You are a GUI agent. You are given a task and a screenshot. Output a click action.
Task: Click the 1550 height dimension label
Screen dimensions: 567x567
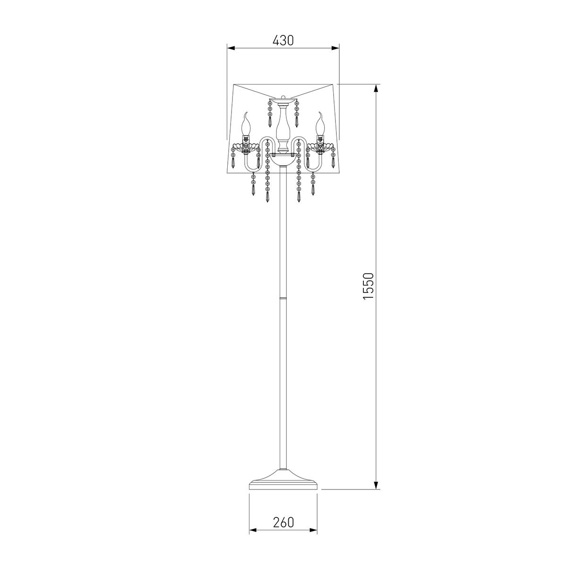coord(368,286)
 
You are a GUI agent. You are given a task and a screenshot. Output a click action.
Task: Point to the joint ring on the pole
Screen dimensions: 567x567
coord(283,298)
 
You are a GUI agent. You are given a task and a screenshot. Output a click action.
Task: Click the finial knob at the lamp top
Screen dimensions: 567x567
coord(283,97)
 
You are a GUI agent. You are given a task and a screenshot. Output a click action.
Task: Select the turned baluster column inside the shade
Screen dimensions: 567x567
coord(283,129)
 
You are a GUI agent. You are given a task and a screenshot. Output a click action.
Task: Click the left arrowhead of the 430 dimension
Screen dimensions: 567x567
coord(231,48)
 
